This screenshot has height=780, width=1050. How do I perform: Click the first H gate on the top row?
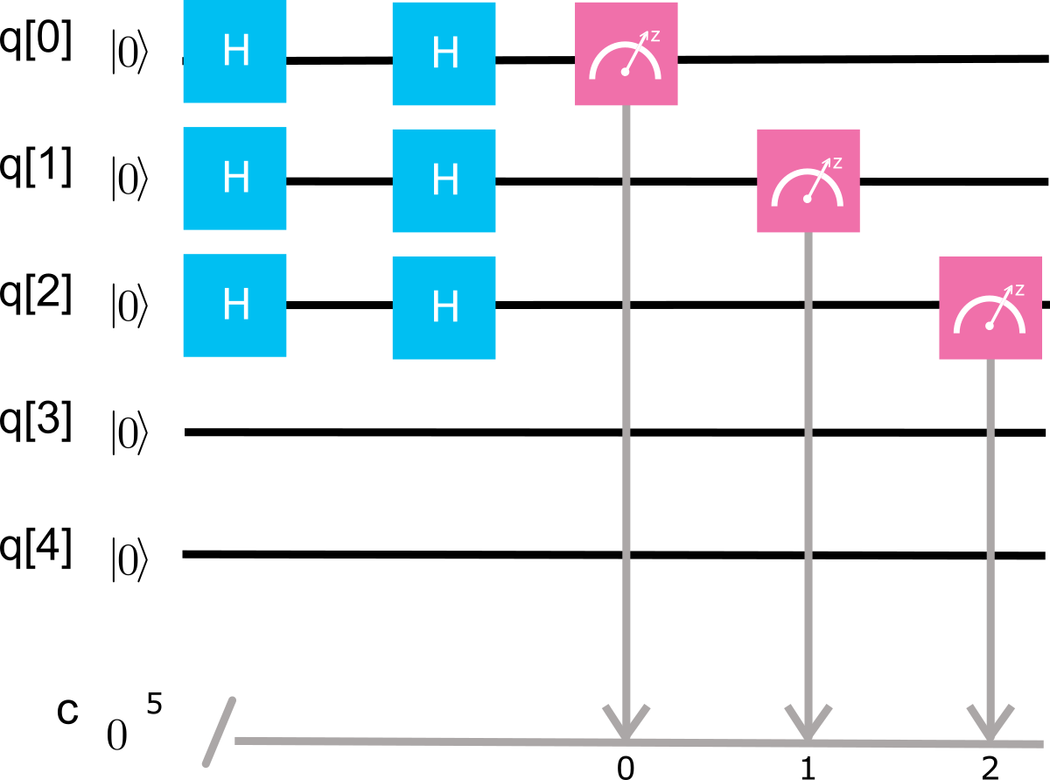(x=234, y=52)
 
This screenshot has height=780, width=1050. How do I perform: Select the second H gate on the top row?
(x=444, y=53)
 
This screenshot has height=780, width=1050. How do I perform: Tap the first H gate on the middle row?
(x=234, y=179)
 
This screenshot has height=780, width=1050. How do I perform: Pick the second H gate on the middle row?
(x=444, y=180)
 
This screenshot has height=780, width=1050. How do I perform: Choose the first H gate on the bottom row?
(x=234, y=306)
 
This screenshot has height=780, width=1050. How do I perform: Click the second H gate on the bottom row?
(x=444, y=307)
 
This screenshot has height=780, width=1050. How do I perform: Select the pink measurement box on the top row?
(x=626, y=53)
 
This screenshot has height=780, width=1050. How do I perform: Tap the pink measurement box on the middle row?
(x=808, y=180)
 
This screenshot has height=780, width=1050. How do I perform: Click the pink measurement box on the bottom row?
(x=990, y=307)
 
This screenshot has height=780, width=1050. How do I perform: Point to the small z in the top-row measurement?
(x=655, y=36)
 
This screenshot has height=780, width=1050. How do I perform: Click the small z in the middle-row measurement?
(x=837, y=163)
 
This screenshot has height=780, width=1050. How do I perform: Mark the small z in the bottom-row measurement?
(x=1019, y=290)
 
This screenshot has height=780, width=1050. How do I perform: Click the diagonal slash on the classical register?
(x=220, y=732)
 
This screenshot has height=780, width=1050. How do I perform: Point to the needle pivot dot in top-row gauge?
(x=625, y=72)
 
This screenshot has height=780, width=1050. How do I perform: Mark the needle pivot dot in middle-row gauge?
(x=807, y=199)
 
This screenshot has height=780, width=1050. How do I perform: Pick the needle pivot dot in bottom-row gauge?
(x=989, y=326)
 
